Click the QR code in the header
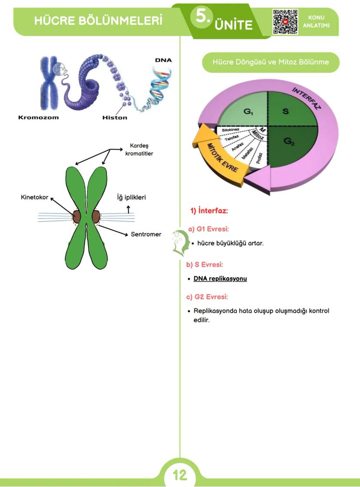285,21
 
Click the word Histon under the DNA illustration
115,118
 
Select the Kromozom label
38,118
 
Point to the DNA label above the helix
163,60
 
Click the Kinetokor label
34,197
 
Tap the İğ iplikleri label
131,197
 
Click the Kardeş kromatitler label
142,150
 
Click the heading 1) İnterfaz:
209,211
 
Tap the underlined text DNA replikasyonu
220,279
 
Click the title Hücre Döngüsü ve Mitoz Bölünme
270,62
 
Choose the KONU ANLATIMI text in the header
319,21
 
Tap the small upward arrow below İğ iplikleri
128,209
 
